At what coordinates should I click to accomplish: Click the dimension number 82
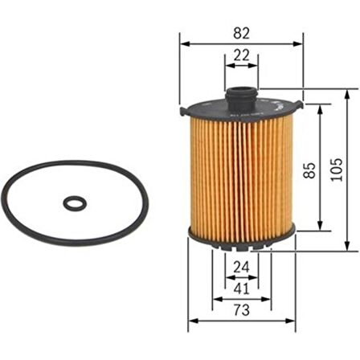(x=241, y=33)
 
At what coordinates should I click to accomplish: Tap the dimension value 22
(x=240, y=55)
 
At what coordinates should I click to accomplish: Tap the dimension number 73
(x=239, y=309)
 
